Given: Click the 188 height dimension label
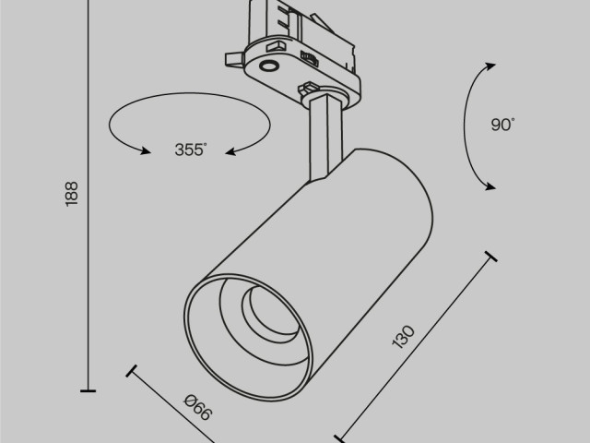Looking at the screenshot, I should tap(73, 192).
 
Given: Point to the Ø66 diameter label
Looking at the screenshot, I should tap(199, 407).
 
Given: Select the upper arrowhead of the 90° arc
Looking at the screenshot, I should tap(489, 64).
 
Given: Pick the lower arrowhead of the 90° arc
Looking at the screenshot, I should tap(488, 186).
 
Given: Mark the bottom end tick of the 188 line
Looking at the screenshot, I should tap(88, 391).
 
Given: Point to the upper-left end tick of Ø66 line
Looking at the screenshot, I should tap(133, 374).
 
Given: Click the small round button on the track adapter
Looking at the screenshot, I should tap(268, 66).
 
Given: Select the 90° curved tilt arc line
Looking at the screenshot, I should tap(466, 125).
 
